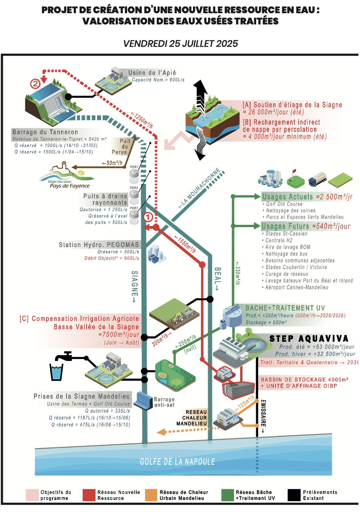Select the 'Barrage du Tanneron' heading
(x=45, y=132)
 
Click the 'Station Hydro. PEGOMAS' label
(x=99, y=244)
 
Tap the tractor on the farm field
(x=177, y=318)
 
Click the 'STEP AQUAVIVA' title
(x=309, y=339)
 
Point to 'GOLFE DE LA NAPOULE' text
(x=177, y=462)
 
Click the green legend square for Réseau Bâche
(x=227, y=495)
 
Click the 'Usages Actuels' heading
(x=287, y=197)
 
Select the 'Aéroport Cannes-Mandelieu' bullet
(x=297, y=287)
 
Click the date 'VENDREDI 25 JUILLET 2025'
(x=180, y=43)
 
